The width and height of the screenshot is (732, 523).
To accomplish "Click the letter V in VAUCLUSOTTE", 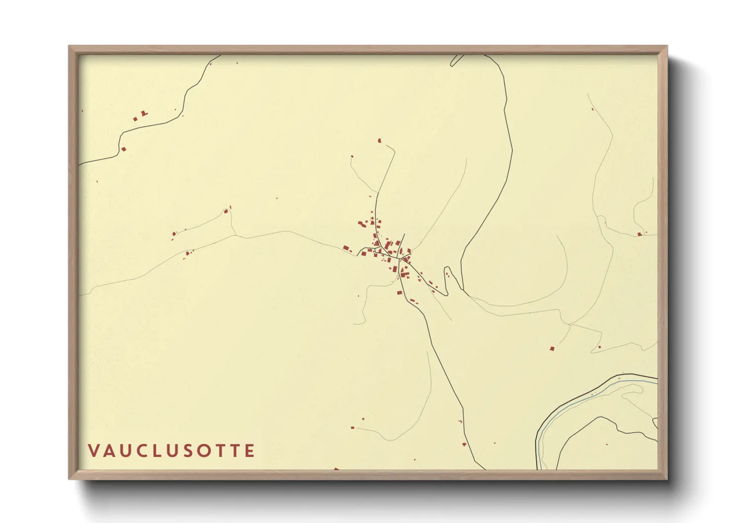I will pyautogui.click(x=93, y=451).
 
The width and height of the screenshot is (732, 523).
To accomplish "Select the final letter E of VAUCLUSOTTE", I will pyautogui.click(x=250, y=451).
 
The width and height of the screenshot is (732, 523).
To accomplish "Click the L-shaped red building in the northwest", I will pyautogui.click(x=144, y=114).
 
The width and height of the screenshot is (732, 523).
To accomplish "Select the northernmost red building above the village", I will pyautogui.click(x=379, y=141).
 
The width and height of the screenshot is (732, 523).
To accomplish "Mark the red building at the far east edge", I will pyautogui.click(x=640, y=234).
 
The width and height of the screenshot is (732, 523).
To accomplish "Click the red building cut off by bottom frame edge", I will pyautogui.click(x=336, y=469).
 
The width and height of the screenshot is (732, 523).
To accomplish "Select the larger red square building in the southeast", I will pyautogui.click(x=552, y=349).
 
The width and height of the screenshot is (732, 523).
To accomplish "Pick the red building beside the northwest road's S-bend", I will pyautogui.click(x=124, y=149).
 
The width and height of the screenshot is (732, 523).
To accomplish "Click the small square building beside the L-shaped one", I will pyautogui.click(x=135, y=119).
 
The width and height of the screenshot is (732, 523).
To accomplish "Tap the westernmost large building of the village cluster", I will pyautogui.click(x=346, y=248).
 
